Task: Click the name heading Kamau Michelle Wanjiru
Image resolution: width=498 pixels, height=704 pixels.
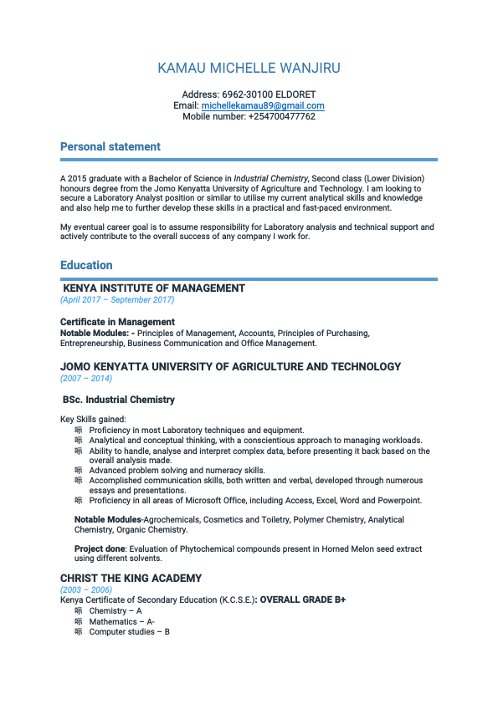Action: (x=249, y=69)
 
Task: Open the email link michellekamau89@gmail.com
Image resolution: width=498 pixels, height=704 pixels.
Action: (x=263, y=106)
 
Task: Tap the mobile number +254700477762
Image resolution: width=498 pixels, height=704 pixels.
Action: (x=281, y=117)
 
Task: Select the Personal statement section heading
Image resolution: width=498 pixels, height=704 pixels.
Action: (x=110, y=147)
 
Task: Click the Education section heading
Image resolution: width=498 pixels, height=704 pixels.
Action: (x=86, y=266)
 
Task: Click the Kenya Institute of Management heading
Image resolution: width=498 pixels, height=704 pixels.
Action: (x=154, y=288)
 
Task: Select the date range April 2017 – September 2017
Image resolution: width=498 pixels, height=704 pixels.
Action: (x=117, y=299)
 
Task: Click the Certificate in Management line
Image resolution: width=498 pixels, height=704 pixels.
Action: (x=117, y=322)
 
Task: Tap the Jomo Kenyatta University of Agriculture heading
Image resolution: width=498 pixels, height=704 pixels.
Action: (x=230, y=367)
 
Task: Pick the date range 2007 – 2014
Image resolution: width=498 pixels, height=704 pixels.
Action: (x=86, y=378)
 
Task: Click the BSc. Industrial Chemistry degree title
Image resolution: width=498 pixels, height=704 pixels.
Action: (x=119, y=400)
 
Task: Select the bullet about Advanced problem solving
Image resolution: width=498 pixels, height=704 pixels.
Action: (x=177, y=471)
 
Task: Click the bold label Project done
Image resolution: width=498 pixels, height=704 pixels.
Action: (x=99, y=549)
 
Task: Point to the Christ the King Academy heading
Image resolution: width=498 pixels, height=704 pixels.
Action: (x=131, y=579)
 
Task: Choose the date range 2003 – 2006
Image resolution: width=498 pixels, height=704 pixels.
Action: (x=86, y=589)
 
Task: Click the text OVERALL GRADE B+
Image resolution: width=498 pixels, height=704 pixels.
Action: (x=302, y=600)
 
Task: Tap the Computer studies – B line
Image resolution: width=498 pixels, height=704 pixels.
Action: (x=129, y=632)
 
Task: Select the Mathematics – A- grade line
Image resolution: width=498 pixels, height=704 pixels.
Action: (x=121, y=622)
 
